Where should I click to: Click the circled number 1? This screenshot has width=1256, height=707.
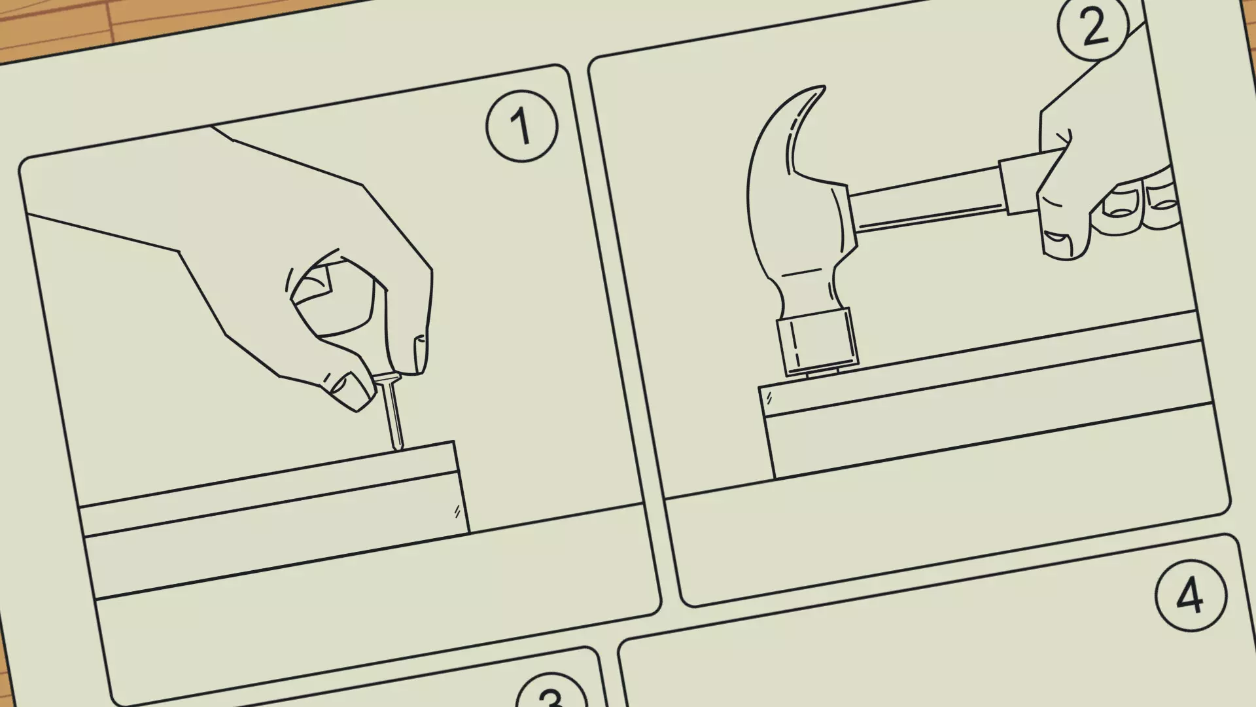[521, 125]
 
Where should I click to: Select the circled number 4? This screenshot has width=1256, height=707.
[1190, 596]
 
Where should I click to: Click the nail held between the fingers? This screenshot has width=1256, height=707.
[391, 412]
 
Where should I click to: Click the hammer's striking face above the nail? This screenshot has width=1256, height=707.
[818, 344]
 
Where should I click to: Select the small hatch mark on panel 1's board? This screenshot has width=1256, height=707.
[457, 511]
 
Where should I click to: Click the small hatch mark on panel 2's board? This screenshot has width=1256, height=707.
[769, 397]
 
